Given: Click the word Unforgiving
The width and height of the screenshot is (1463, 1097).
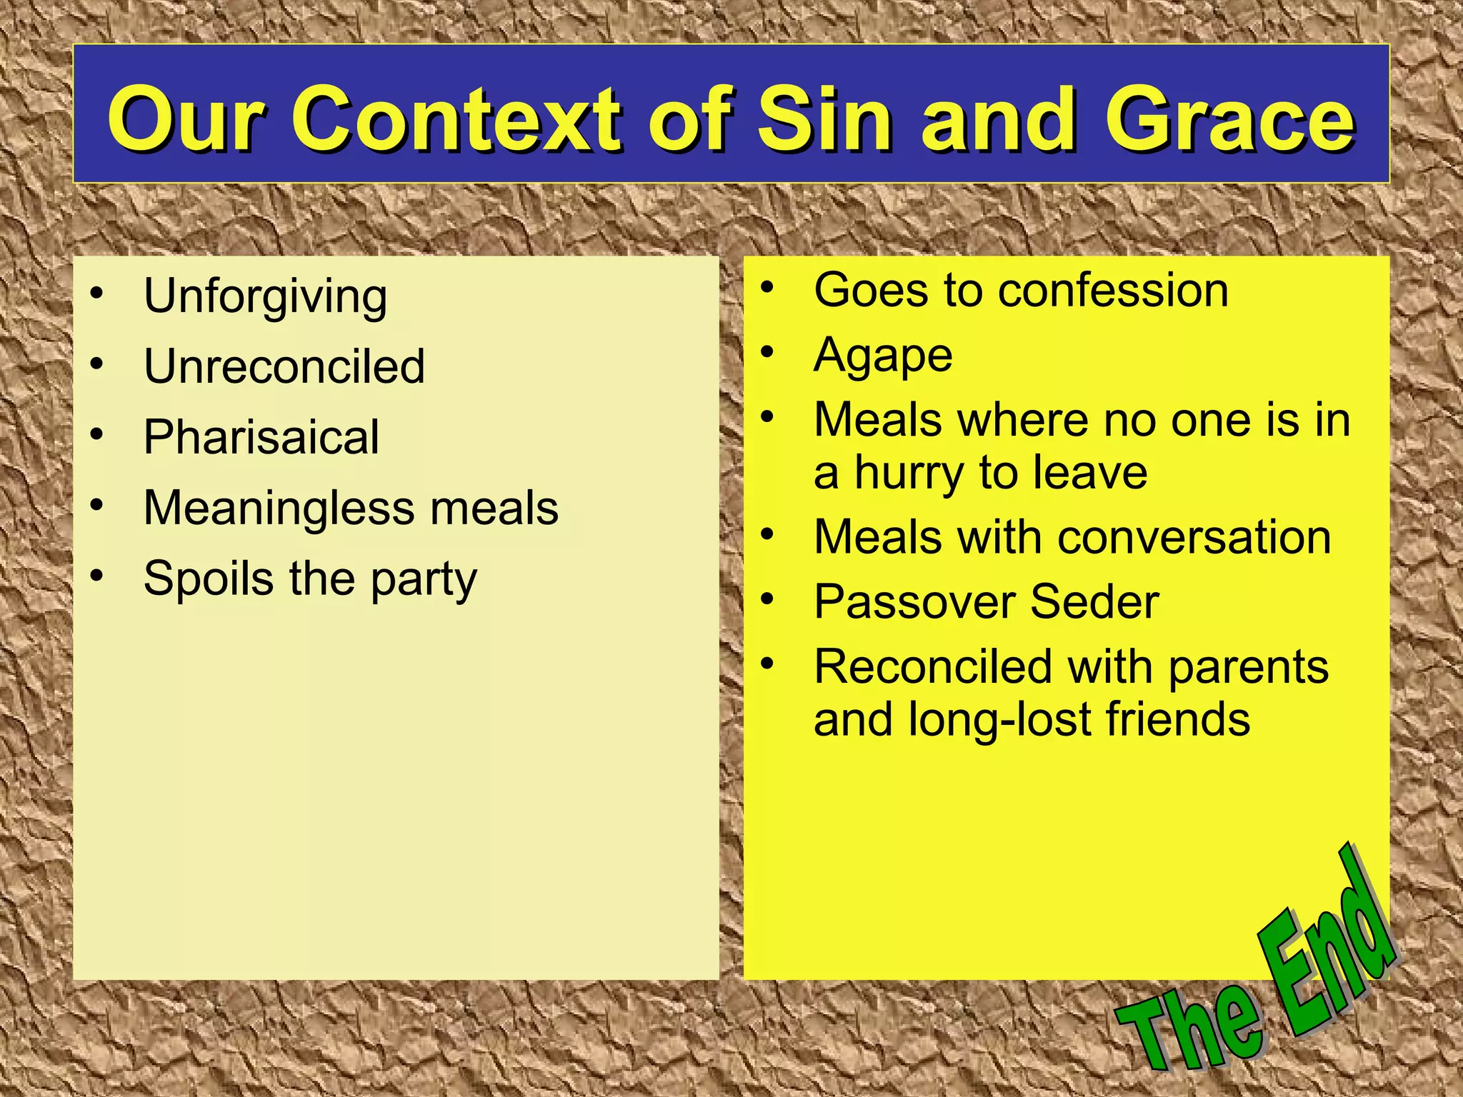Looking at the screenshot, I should pos(265,296).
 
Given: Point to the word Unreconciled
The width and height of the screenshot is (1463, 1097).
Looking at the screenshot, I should pos(284,366).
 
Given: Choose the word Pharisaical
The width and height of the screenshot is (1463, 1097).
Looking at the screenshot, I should pos(261,436).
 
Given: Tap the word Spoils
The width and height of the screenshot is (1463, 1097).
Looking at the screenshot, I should pos(208,578).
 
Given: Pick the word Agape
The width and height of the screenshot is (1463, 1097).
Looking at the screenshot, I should pos(883,356).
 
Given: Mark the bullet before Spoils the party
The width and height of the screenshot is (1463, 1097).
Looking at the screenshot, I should pos(97,575).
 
